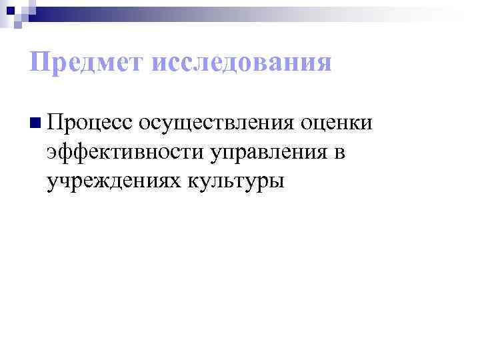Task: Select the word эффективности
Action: click(124, 153)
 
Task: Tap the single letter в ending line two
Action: click(339, 153)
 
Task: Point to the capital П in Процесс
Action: click(55, 123)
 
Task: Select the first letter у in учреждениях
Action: click(52, 183)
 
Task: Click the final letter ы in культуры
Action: click(277, 181)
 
